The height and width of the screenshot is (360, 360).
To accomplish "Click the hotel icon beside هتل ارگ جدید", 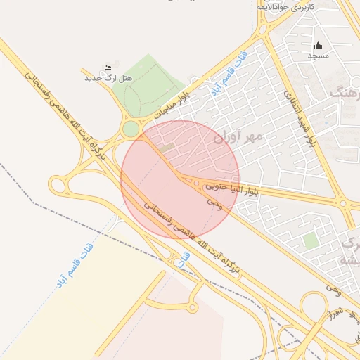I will click(107, 67).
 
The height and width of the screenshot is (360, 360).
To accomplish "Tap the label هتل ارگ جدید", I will click(108, 77).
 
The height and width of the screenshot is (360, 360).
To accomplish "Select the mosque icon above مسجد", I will click(318, 45).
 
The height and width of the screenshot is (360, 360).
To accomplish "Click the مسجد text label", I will click(318, 54).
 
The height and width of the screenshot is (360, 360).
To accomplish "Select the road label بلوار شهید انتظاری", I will click(300, 117).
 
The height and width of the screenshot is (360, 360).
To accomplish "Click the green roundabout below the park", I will click(131, 129).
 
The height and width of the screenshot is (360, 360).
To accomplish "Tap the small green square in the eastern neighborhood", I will click(310, 241).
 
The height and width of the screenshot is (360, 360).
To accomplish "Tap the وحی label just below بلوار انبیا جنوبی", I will click(214, 201).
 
